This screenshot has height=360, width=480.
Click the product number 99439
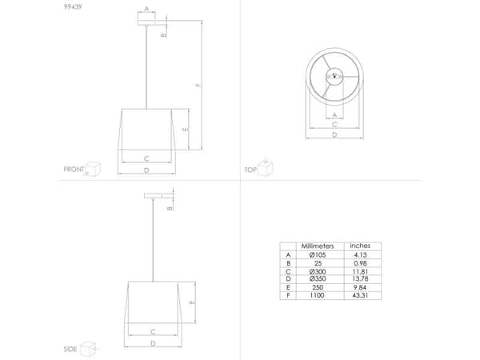click(73, 6)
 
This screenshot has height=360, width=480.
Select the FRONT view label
click(74, 170)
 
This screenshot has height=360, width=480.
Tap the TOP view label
click(250, 170)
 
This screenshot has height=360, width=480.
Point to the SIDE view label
click(70, 349)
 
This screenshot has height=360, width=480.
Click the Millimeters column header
click(318, 246)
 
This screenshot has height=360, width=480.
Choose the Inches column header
click(360, 246)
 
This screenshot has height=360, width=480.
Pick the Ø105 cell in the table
click(318, 255)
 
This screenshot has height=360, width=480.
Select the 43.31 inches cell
click(360, 295)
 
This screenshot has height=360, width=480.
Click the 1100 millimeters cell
click(317, 295)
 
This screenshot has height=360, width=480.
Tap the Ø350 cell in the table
click(318, 279)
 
